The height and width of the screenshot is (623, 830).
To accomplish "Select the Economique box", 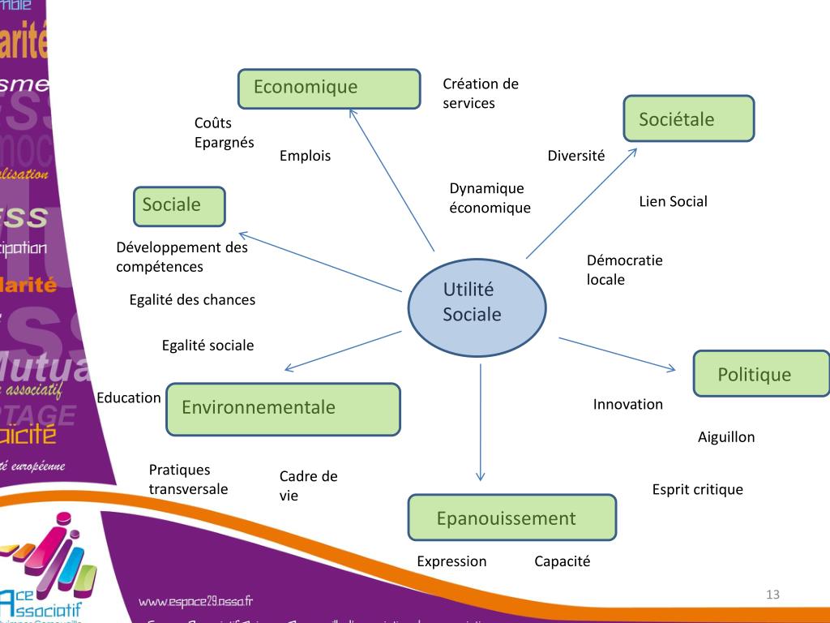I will coord(329,88).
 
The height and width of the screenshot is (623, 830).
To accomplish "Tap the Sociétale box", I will coord(688,118).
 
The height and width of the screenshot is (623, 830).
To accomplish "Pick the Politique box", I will coord(761,374).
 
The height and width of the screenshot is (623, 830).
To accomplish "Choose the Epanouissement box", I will coord(511,518).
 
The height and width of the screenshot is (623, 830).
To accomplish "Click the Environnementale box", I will coord(283,409).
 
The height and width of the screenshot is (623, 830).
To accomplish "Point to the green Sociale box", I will coord(179,206).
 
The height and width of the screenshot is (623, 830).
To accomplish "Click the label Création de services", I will coord(480,93).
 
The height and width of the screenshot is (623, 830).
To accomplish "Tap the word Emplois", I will coord(305,156).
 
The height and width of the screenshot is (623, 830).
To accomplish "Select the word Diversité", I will coord(575,156).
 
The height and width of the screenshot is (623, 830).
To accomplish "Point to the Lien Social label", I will coord(673,201).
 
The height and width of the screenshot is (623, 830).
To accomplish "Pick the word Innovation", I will coord(627,404).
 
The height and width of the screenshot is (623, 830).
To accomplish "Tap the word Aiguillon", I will coord(725,437).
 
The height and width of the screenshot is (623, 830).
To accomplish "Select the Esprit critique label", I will coord(697,489).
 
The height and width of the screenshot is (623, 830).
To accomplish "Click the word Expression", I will coord(451,561).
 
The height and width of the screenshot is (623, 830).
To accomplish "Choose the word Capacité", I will coord(562,561).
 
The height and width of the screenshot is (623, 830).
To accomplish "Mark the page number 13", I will coord(772,595).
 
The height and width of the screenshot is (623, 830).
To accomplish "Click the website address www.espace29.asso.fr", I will coord(195,601).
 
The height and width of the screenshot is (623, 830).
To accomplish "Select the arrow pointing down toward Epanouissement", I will coord(481,422).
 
